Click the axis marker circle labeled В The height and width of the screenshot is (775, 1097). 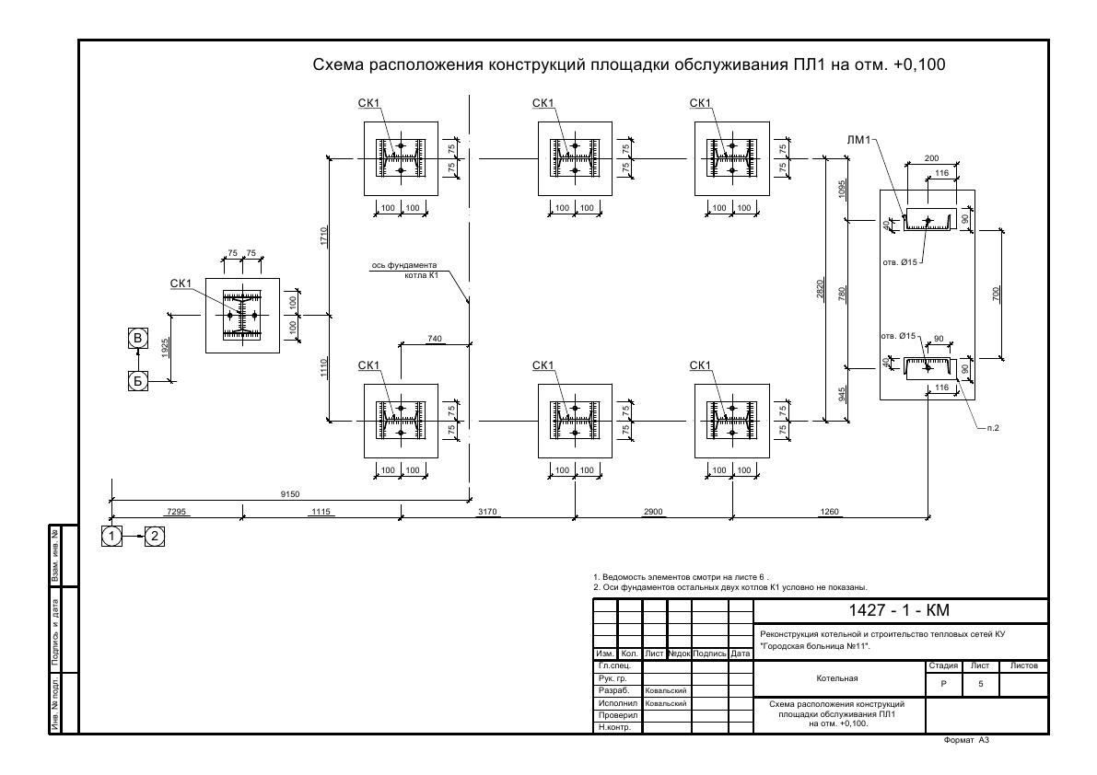tap(137, 338)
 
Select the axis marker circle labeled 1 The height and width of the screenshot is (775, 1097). tap(111, 536)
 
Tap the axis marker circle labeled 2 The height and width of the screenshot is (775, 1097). tap(155, 536)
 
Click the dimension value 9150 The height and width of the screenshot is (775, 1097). tap(289, 494)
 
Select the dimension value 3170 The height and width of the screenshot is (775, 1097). tap(488, 511)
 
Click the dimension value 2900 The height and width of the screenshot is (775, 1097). tap(653, 511)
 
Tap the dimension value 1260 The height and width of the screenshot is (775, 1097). tap(829, 511)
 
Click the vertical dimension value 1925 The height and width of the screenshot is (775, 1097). tap(165, 347)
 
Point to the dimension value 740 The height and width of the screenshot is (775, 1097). tap(435, 339)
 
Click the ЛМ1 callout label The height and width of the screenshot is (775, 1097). tap(858, 140)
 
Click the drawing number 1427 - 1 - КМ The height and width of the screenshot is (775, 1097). tap(900, 611)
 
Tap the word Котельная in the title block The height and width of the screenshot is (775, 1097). tap(837, 679)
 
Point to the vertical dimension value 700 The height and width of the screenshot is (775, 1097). tap(996, 293)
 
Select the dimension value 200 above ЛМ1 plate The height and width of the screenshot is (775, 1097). tap(931, 158)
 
